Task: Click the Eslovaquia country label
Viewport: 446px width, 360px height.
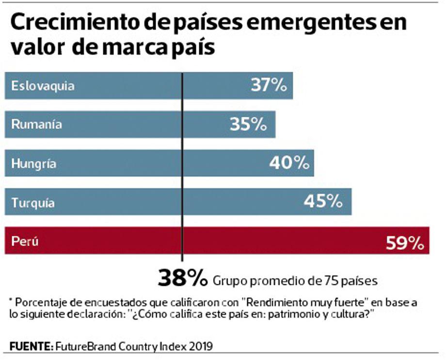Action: (43, 86)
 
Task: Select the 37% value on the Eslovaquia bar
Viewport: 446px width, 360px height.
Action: (270, 86)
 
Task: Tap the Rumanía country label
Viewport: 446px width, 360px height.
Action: (37, 125)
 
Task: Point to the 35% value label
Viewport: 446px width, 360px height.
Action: (249, 124)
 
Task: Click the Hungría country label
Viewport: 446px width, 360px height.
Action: (34, 164)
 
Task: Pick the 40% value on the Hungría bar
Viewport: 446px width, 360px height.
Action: (289, 164)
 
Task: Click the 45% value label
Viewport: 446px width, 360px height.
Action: (323, 201)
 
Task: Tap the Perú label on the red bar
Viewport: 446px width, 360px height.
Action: (25, 241)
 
